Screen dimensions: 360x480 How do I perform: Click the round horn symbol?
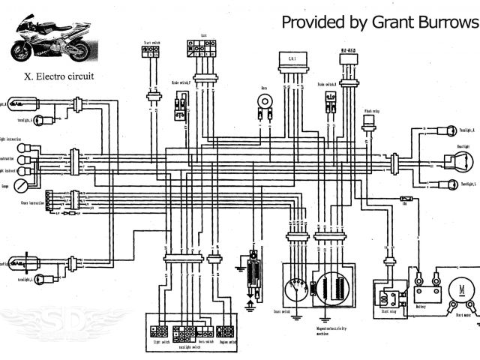[264, 99]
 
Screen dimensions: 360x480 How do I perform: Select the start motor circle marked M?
[457, 289]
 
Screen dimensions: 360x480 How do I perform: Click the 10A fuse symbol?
[405, 199]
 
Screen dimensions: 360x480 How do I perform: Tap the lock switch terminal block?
[203, 46]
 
